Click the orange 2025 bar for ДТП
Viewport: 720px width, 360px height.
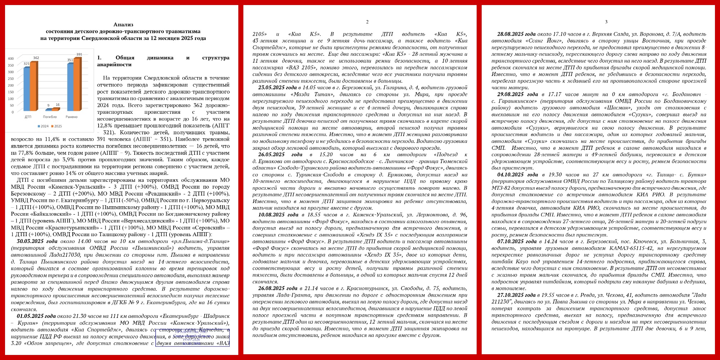click(x=33, y=86)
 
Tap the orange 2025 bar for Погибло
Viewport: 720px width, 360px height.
click(x=55, y=109)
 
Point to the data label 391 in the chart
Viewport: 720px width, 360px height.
click(x=79, y=54)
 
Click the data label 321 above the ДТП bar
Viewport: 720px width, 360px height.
click(x=27, y=64)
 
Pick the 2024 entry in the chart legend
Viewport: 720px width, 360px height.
click(x=43, y=126)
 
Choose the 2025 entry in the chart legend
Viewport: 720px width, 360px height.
click(x=57, y=126)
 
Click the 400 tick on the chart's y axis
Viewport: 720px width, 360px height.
click(x=11, y=59)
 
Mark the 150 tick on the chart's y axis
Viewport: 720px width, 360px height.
click(x=11, y=92)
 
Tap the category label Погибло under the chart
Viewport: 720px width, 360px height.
click(x=50, y=117)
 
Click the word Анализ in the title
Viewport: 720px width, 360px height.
click(x=123, y=24)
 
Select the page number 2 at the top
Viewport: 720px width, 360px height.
click(x=367, y=22)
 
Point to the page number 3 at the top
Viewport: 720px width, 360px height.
click(x=606, y=22)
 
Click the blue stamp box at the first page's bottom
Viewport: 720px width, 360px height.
click(x=192, y=337)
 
